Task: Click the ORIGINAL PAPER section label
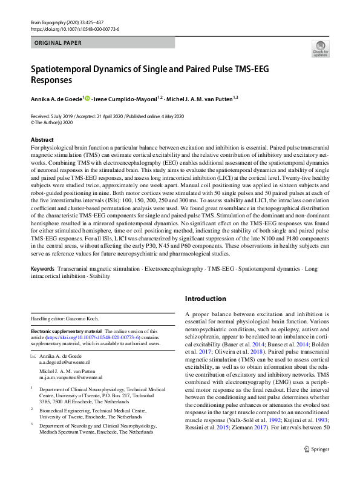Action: click(x=59, y=42)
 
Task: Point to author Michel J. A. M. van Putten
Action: click(x=198, y=99)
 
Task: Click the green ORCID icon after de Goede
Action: click(x=87, y=99)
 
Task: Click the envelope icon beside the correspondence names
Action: click(x=33, y=357)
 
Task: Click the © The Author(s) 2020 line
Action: click(x=51, y=122)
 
